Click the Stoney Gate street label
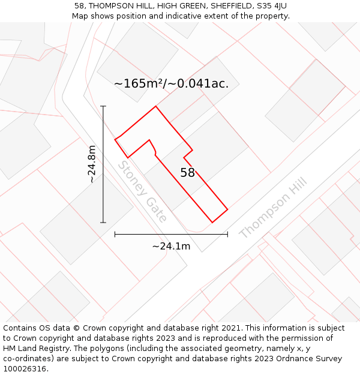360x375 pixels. (x=142, y=191)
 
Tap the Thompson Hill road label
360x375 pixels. (x=273, y=208)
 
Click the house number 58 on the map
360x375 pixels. (x=187, y=173)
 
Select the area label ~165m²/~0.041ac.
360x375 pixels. (x=171, y=83)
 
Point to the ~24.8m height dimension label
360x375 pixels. (x=91, y=164)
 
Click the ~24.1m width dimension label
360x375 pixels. (x=171, y=246)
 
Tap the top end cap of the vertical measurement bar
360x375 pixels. (x=103, y=106)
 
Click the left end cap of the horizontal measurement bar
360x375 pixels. (x=115, y=234)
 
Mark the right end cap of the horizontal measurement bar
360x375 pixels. (x=227, y=234)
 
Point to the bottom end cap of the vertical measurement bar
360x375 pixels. (x=103, y=223)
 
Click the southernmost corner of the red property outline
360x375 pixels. (x=212, y=223)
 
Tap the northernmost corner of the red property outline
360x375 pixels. (x=156, y=106)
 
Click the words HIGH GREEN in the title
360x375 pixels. (x=182, y=6)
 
